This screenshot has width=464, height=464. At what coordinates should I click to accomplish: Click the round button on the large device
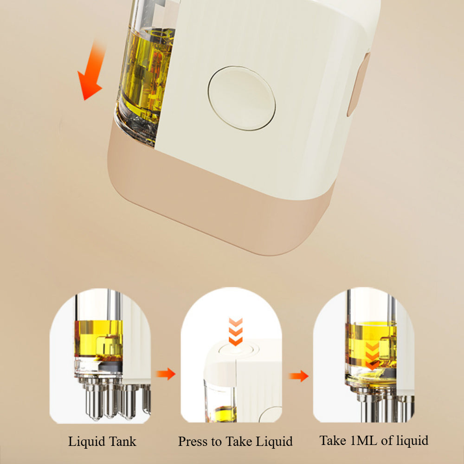pyautogui.click(x=241, y=98)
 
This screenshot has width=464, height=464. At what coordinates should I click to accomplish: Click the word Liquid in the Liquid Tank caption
pyautogui.click(x=87, y=442)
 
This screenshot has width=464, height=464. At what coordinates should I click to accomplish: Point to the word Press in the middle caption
pyautogui.click(x=193, y=441)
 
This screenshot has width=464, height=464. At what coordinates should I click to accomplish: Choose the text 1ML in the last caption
pyautogui.click(x=364, y=440)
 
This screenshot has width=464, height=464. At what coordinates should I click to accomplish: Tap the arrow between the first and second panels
pyautogui.click(x=166, y=374)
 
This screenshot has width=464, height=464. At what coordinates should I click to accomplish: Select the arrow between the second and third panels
pyautogui.click(x=298, y=376)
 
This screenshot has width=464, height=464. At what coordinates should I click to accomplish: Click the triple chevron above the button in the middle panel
pyautogui.click(x=236, y=331)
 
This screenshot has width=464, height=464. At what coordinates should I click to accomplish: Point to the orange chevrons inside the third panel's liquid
pyautogui.click(x=372, y=356)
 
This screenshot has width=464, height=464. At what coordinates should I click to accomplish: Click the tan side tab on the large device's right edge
pyautogui.click(x=358, y=84)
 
